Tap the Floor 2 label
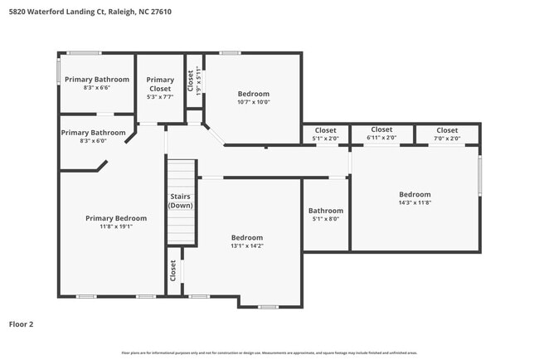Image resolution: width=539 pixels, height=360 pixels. click(22, 324)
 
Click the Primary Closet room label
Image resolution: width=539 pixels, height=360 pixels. click(161, 85)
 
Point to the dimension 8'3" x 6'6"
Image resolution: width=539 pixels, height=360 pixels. click(97, 88)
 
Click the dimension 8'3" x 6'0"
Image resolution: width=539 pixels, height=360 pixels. click(92, 141)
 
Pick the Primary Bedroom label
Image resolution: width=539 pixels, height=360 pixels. click(116, 218)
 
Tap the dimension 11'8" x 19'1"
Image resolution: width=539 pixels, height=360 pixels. click(116, 226)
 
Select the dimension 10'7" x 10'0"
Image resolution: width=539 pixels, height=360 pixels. click(254, 102)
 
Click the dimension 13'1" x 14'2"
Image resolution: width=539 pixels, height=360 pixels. click(247, 246)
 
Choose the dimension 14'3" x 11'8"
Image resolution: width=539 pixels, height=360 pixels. click(415, 202)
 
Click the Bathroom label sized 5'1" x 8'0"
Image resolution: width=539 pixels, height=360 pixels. click(325, 211)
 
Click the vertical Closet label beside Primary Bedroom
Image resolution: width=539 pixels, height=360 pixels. click(173, 270)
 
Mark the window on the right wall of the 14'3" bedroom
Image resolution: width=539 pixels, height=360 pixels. click(479, 176)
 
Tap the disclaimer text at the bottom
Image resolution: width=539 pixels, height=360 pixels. click(269, 353)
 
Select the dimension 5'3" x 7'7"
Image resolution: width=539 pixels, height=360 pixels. click(161, 96)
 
